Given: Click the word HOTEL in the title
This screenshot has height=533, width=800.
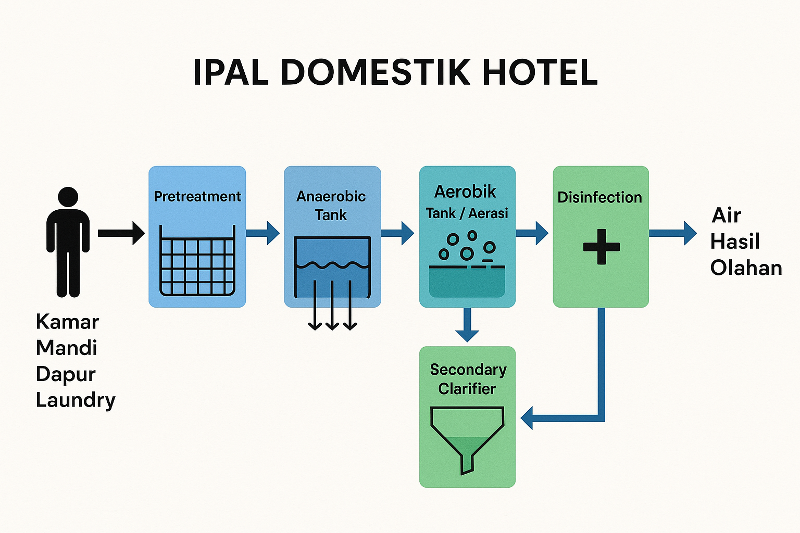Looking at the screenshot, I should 540,72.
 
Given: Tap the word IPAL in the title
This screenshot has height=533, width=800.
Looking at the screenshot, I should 230,72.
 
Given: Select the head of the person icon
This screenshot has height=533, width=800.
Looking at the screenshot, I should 68,197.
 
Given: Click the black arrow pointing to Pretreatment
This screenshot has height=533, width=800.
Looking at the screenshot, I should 121,233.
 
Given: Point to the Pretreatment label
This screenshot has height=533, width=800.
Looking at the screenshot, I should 197,196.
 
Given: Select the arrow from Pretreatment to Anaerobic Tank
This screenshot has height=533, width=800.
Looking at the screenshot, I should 263,233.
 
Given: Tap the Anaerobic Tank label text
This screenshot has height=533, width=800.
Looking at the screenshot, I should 331,205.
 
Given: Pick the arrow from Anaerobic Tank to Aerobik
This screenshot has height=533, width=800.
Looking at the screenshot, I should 398,233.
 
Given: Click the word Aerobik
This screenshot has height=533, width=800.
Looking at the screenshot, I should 465,192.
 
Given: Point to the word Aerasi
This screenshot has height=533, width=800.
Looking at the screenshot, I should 488,213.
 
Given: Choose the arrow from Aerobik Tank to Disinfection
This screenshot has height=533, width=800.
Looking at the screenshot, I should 532,233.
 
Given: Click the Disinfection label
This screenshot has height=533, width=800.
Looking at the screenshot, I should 599,197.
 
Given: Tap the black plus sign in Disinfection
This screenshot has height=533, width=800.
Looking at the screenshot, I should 601,246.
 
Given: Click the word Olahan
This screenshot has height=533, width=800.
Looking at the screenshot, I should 746,268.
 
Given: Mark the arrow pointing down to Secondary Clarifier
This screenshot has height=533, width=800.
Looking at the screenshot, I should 467,325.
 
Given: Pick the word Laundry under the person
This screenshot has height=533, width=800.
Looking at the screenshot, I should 76,400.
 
